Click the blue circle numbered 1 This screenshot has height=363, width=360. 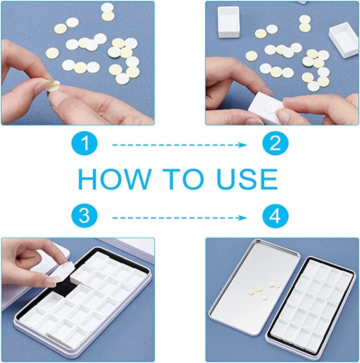pos(84,143)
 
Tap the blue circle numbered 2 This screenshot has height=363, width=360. pos(275,143)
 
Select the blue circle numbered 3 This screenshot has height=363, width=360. pos(84,216)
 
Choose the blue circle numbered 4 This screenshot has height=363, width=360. pos(275,216)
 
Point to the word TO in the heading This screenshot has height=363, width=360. pos(182,179)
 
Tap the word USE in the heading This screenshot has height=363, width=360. pos(247,179)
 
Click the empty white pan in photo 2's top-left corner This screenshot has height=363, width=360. pos(228,22)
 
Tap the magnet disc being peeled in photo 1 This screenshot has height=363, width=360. pos(53,86)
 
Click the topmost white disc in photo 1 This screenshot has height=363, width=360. pos(107,7)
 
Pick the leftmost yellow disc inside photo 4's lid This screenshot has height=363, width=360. pos(250,292)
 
